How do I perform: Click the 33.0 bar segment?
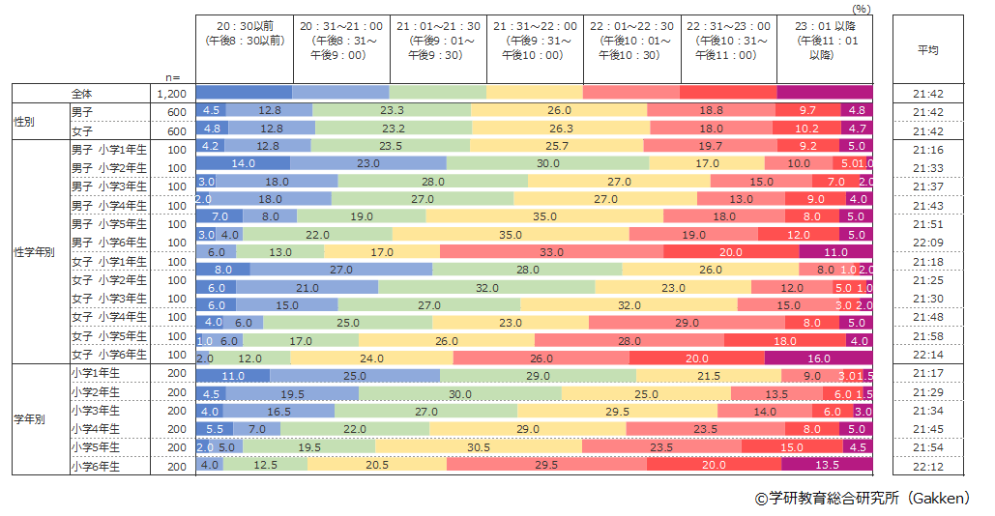pos(551,252)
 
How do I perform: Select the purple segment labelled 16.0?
pos(818,356)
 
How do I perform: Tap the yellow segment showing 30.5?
pos(478,447)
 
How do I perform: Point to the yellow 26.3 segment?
pos(561,129)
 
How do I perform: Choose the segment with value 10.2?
pos(805,129)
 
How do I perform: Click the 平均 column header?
pos(927,49)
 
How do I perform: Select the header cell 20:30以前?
pos(244,34)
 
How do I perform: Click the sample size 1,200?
pos(171,94)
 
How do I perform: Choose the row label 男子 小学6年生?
pos(108,243)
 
